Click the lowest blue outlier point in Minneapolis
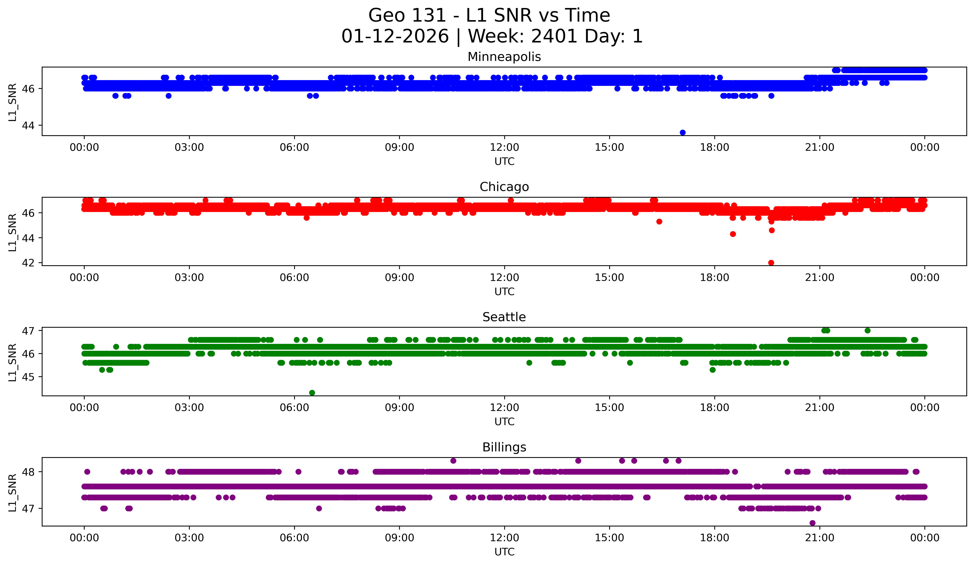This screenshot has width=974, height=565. (683, 132)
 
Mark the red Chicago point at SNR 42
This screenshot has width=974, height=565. (771, 263)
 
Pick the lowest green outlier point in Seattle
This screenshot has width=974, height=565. (312, 393)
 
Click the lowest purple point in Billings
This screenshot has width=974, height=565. (812, 523)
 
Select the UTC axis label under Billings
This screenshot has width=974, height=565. (504, 552)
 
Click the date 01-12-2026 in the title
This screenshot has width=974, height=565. (395, 36)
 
